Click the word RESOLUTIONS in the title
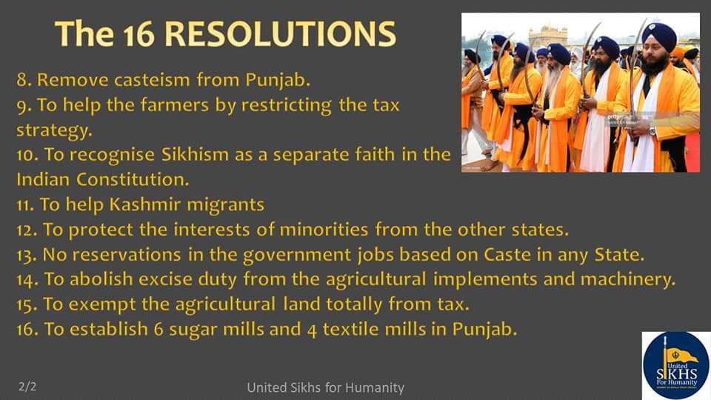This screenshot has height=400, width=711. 280,34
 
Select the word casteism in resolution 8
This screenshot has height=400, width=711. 152,80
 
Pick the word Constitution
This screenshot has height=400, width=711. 133,179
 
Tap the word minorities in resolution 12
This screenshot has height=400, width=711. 324,230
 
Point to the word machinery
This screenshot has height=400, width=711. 628,279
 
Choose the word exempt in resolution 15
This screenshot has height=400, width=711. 102,304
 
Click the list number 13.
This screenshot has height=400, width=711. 27,256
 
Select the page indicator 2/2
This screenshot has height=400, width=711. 27,387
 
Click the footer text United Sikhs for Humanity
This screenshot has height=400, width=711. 326,387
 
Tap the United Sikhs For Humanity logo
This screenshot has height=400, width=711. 675,365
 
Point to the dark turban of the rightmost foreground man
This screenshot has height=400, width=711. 658,36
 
